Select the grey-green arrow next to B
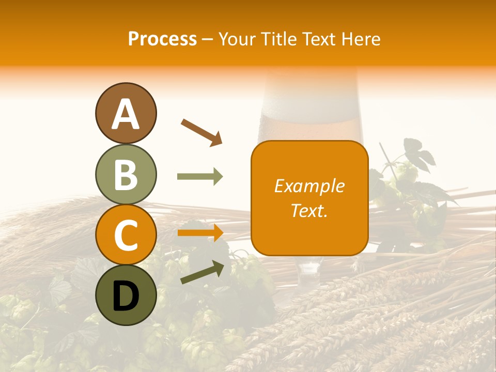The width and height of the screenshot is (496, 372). [200, 177]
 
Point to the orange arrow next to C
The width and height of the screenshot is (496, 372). [200, 233]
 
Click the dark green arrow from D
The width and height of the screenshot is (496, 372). [202, 272]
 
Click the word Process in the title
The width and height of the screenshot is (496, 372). [162, 39]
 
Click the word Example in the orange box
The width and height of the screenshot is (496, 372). [309, 186]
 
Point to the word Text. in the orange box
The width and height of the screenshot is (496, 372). [309, 210]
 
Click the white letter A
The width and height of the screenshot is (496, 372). [126, 114]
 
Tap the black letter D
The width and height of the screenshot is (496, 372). [126, 297]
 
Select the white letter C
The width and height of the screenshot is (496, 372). [126, 235]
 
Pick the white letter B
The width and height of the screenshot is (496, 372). [126, 175]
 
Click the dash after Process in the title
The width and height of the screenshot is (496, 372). [208, 40]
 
